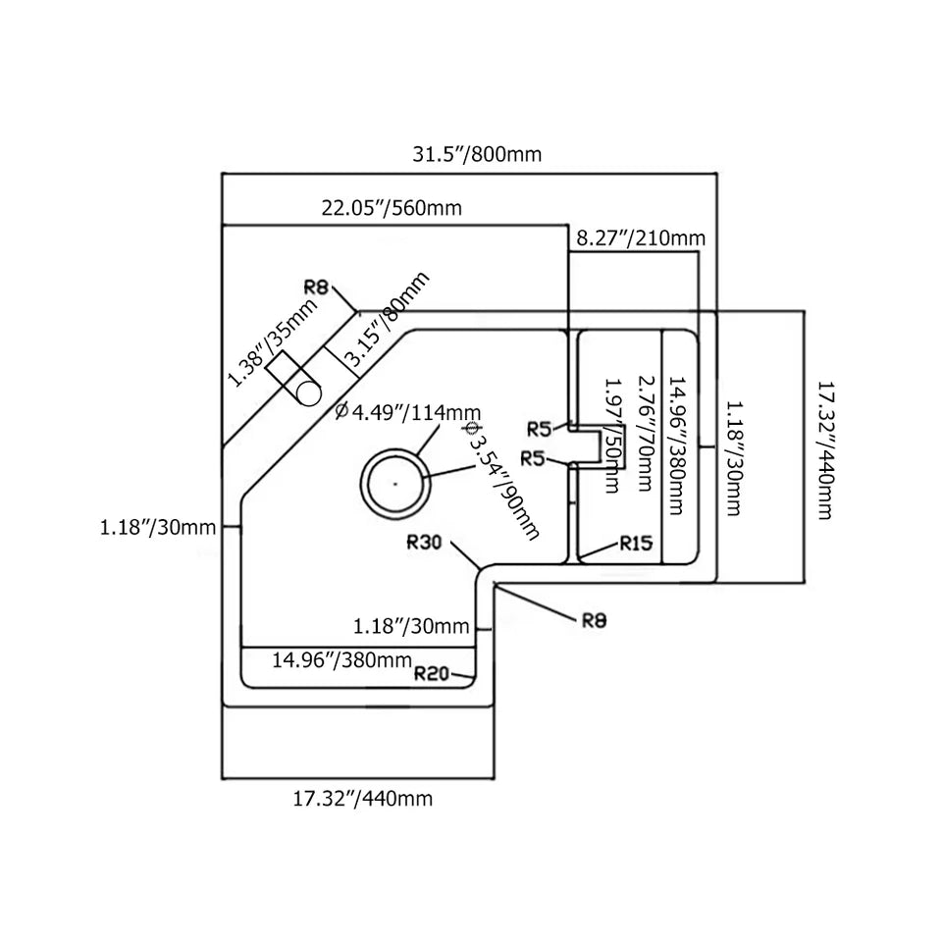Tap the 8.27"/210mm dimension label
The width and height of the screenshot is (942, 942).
tap(641, 237)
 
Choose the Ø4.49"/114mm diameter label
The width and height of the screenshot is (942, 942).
tap(407, 412)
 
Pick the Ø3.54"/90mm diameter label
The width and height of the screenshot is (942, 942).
tap(500, 480)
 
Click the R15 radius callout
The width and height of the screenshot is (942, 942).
tap(635, 544)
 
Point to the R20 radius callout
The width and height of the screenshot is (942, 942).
tap(432, 673)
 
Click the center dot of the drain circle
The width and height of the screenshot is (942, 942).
tap(394, 483)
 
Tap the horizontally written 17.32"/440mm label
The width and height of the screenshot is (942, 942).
tap(362, 798)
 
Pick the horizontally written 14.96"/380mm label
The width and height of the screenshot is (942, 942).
tap(341, 659)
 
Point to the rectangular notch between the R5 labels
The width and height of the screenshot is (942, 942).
tap(586, 445)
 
